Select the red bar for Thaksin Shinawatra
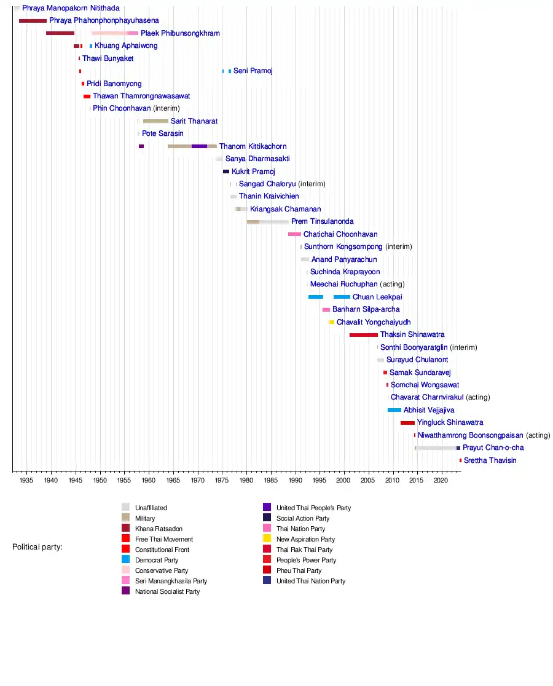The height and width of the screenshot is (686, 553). point(364,335)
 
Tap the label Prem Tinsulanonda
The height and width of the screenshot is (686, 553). point(322,222)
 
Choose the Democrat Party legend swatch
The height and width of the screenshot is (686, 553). point(125,560)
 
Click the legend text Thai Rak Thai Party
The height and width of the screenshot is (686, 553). point(304,550)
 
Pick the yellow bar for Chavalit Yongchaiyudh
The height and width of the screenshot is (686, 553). point(332,322)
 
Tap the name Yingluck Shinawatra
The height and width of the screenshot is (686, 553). point(450,423)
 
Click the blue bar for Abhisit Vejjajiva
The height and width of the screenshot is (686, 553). point(394,410)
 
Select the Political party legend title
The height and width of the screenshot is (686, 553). point(37,547)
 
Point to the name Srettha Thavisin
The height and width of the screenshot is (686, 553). point(490,460)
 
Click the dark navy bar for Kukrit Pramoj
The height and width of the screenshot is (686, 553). point(226,171)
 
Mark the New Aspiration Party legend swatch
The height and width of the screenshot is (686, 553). point(267,539)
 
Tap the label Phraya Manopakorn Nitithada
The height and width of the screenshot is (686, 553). point(71,9)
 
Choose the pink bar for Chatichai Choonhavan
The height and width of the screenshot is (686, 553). point(295,234)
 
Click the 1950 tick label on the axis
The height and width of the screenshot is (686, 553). point(100,479)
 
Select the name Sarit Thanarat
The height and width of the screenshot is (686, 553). point(194,121)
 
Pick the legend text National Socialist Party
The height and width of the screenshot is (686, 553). point(167,591)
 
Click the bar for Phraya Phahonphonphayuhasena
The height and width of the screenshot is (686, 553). point(33,21)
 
